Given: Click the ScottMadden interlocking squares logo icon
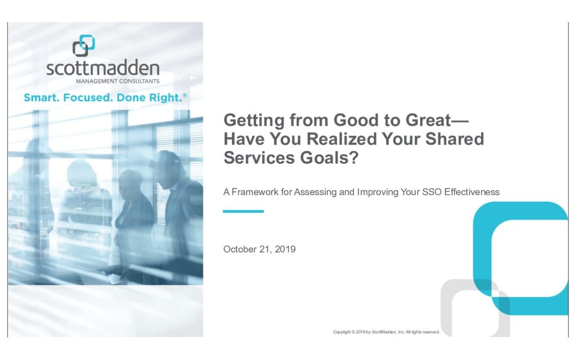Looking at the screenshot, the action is pyautogui.click(x=84, y=45).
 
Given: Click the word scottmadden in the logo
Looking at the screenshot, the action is pyautogui.click(x=103, y=68).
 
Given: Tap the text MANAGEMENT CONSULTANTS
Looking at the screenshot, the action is pyautogui.click(x=117, y=81).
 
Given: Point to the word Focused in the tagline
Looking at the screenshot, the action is pyautogui.click(x=88, y=98).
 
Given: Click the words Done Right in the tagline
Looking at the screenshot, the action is pyautogui.click(x=149, y=98).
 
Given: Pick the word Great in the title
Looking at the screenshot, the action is pyautogui.click(x=428, y=120).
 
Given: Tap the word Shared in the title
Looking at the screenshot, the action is pyautogui.click(x=455, y=139).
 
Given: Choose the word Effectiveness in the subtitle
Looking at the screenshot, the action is pyautogui.click(x=472, y=192).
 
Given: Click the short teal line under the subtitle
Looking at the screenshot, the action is pyautogui.click(x=243, y=211).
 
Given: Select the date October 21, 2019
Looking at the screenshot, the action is pyautogui.click(x=259, y=249).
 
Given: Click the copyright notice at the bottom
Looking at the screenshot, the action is pyautogui.click(x=387, y=332).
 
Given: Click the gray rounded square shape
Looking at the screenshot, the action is pyautogui.click(x=445, y=305).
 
